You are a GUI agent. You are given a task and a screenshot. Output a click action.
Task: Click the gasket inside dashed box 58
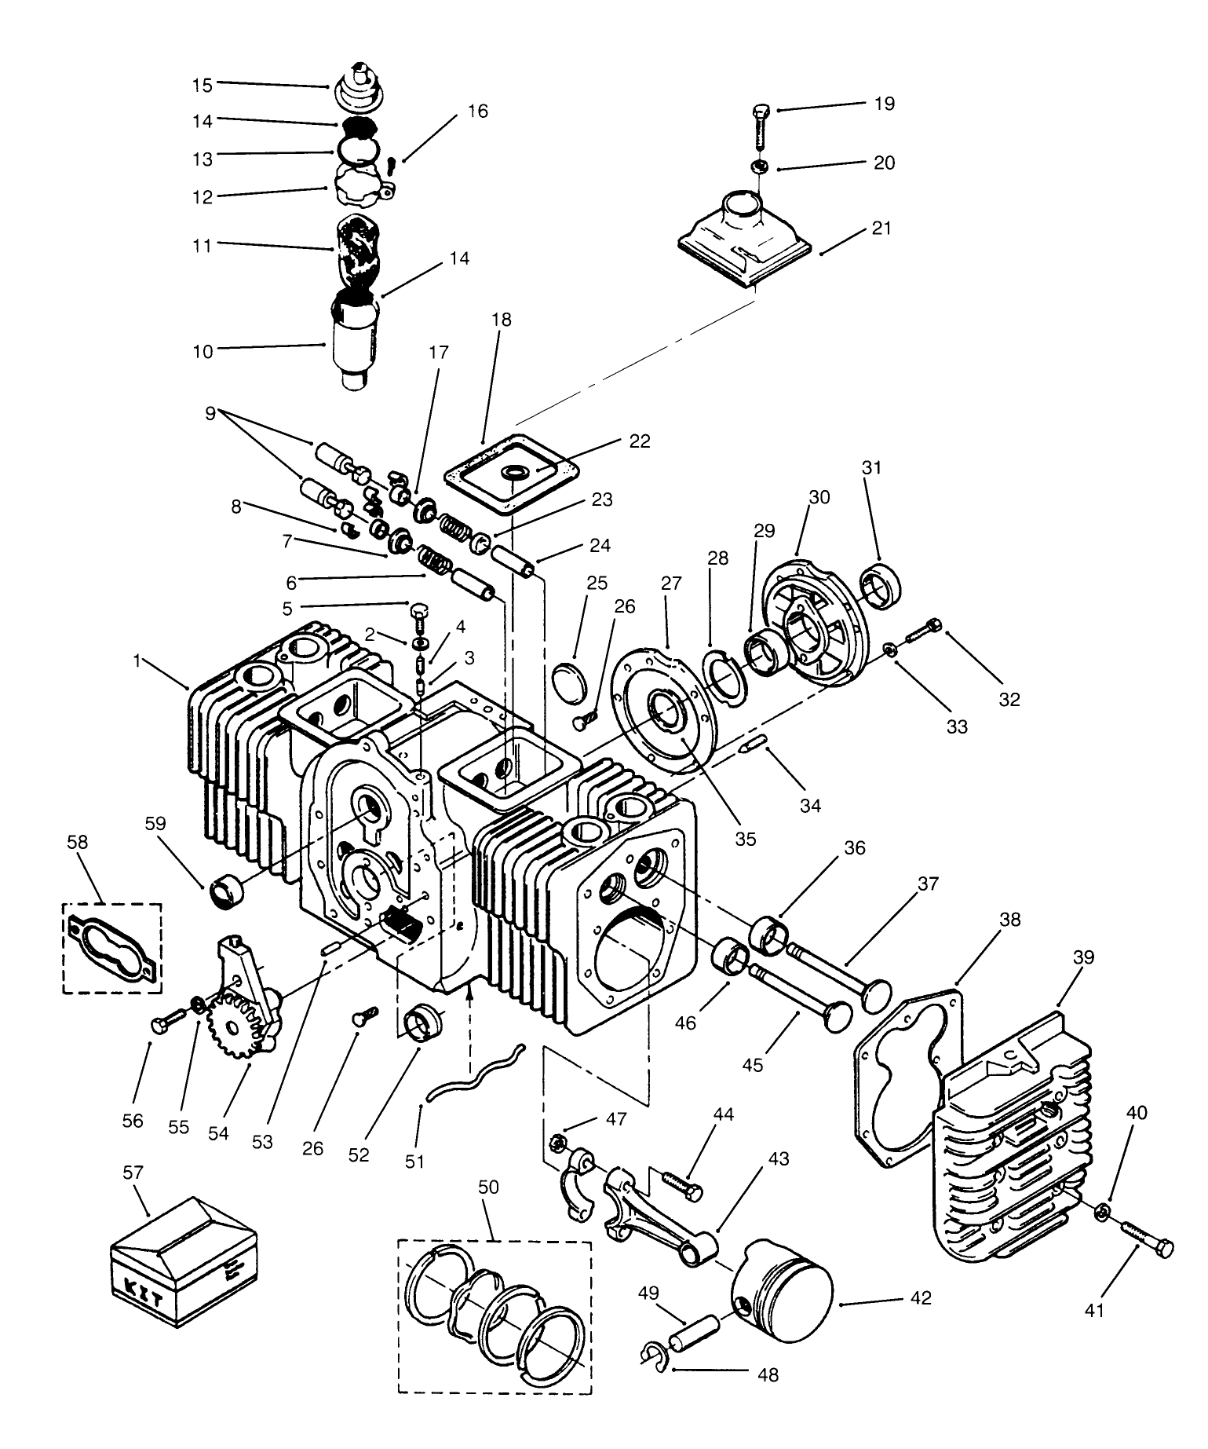(111, 948)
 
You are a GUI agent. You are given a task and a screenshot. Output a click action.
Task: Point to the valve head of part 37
(877, 994)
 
